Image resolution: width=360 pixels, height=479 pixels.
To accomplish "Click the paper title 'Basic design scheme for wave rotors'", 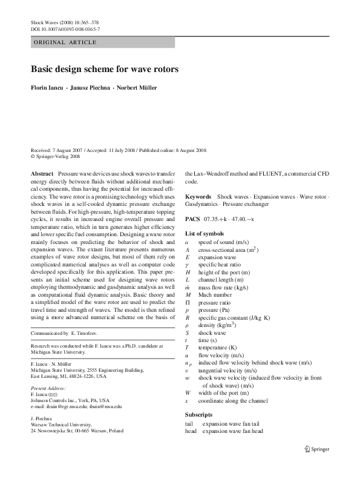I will pyautogui.click(x=105, y=70).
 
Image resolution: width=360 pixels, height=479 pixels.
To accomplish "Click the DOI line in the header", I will pyautogui.click(x=65, y=29).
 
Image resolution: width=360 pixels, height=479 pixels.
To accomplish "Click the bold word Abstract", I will pyautogui.click(x=42, y=173).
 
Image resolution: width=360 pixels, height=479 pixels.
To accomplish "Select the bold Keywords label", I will pyautogui.click(x=198, y=197).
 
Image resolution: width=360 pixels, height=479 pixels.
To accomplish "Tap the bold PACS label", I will pyautogui.click(x=192, y=219).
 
